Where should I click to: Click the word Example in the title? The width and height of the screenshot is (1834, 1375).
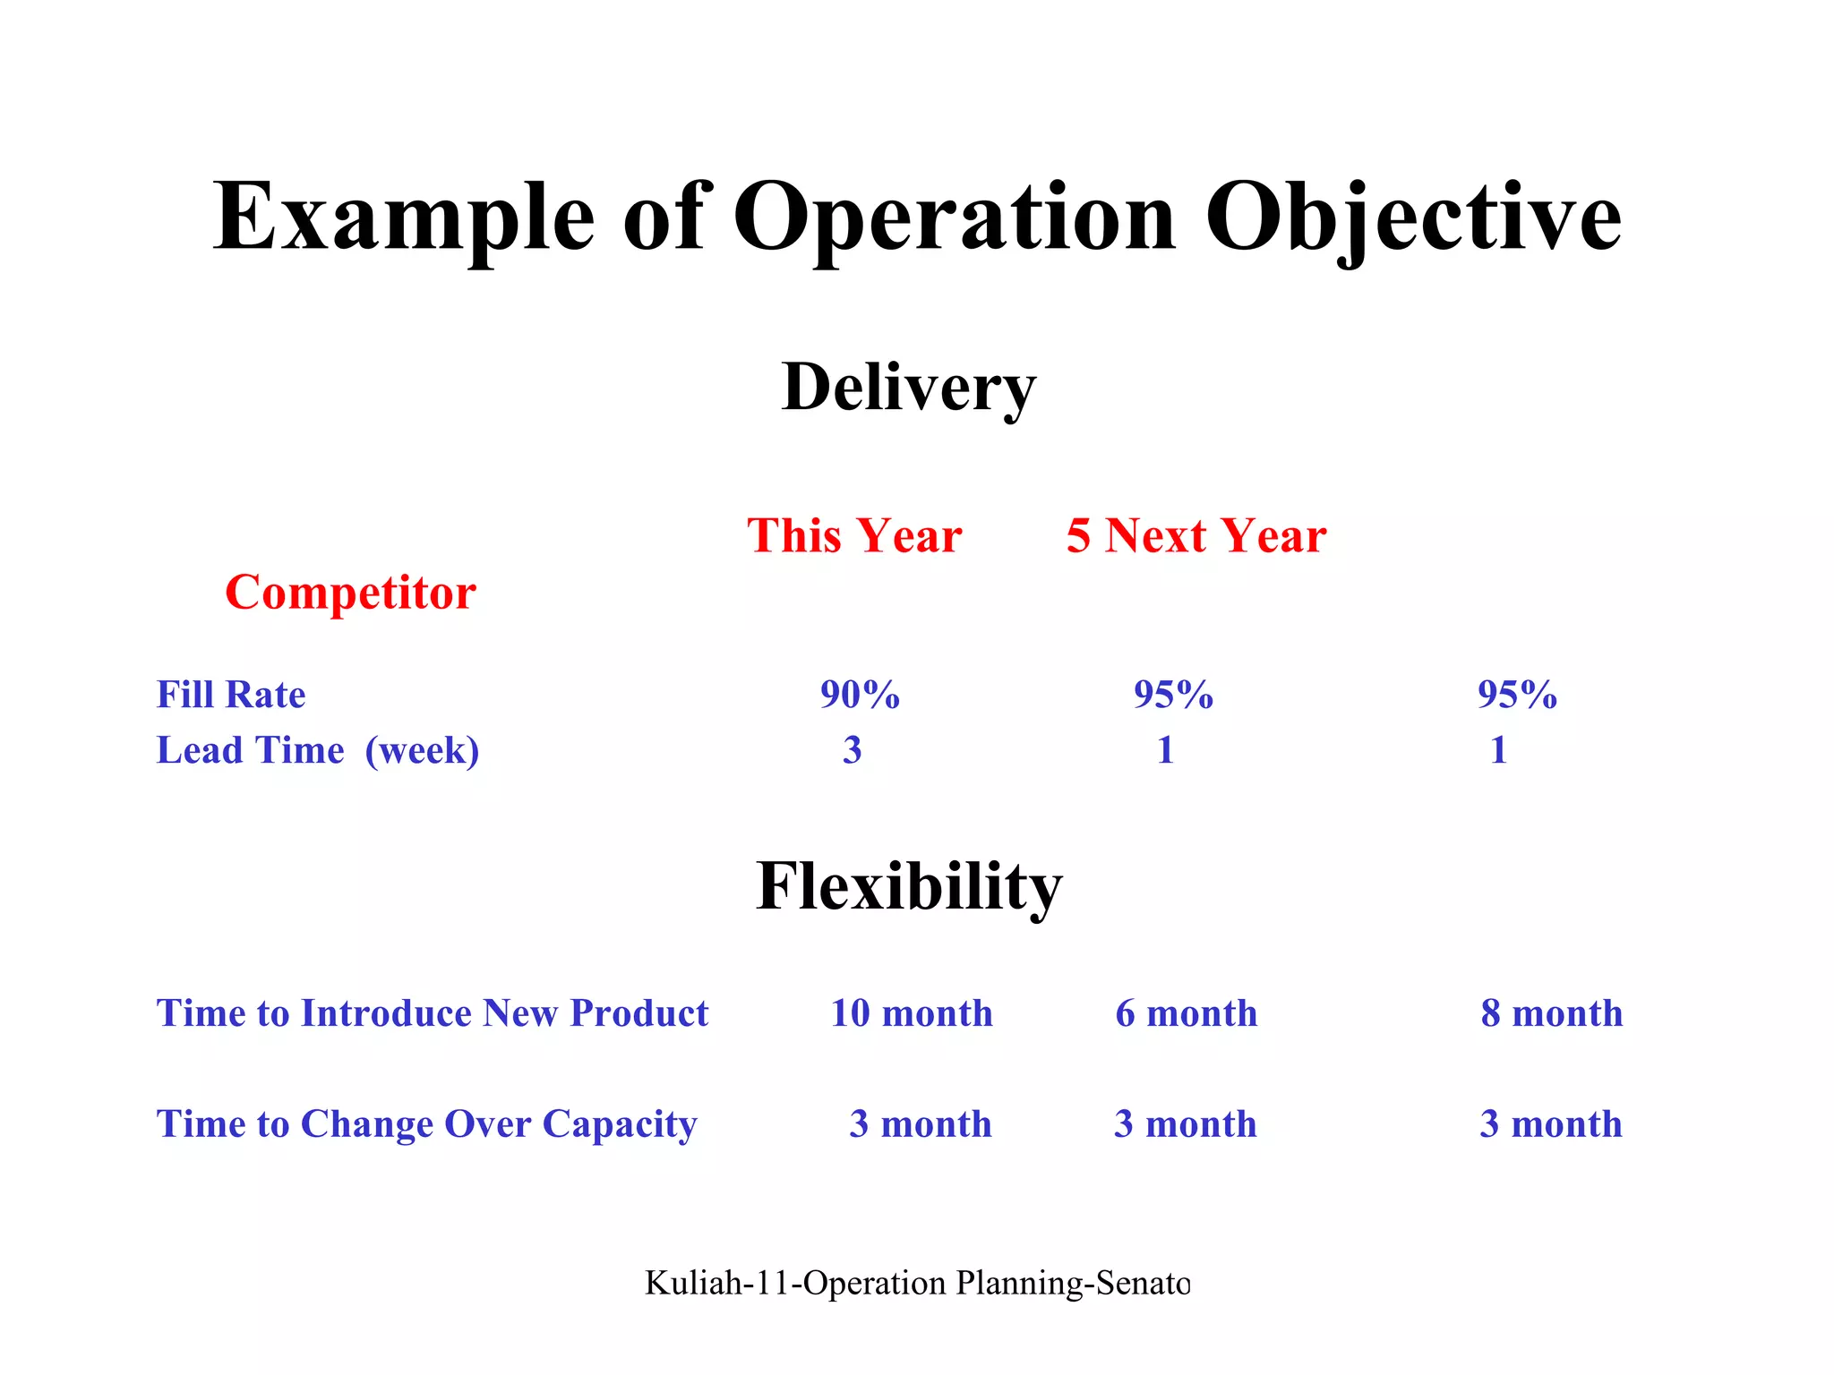pyautogui.click(x=403, y=218)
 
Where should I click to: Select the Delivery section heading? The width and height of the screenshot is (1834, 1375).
pyautogui.click(x=908, y=389)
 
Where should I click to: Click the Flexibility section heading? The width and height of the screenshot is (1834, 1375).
pyautogui.click(x=908, y=886)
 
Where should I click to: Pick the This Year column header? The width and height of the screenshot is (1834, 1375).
pyautogui.click(x=854, y=536)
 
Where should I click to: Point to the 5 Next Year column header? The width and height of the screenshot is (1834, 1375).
pyautogui.click(x=1196, y=536)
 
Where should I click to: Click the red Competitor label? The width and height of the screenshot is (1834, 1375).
pyautogui.click(x=350, y=593)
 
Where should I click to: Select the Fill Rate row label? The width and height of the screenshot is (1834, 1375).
pyautogui.click(x=231, y=695)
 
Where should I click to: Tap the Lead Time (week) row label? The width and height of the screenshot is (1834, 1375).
pyautogui.click(x=318, y=750)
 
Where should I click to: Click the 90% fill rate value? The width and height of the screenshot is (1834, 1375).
pyautogui.click(x=860, y=695)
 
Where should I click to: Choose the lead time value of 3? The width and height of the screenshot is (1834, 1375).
pyautogui.click(x=852, y=750)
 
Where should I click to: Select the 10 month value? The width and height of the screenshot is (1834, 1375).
pyautogui.click(x=912, y=1013)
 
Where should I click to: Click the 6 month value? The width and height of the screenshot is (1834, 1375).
pyautogui.click(x=1186, y=1013)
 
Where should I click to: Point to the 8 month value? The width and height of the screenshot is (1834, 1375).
pyautogui.click(x=1551, y=1013)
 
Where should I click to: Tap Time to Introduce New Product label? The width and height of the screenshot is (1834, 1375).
pyautogui.click(x=432, y=1013)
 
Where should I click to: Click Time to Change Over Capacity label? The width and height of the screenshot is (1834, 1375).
pyautogui.click(x=426, y=1124)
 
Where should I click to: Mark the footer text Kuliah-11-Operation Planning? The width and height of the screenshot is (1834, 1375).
pyautogui.click(x=917, y=1283)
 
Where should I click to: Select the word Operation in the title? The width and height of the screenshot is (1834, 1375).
pyautogui.click(x=954, y=218)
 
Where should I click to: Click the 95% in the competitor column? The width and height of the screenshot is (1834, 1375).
pyautogui.click(x=1517, y=695)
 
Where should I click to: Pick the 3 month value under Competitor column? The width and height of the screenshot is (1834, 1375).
pyautogui.click(x=1550, y=1124)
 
